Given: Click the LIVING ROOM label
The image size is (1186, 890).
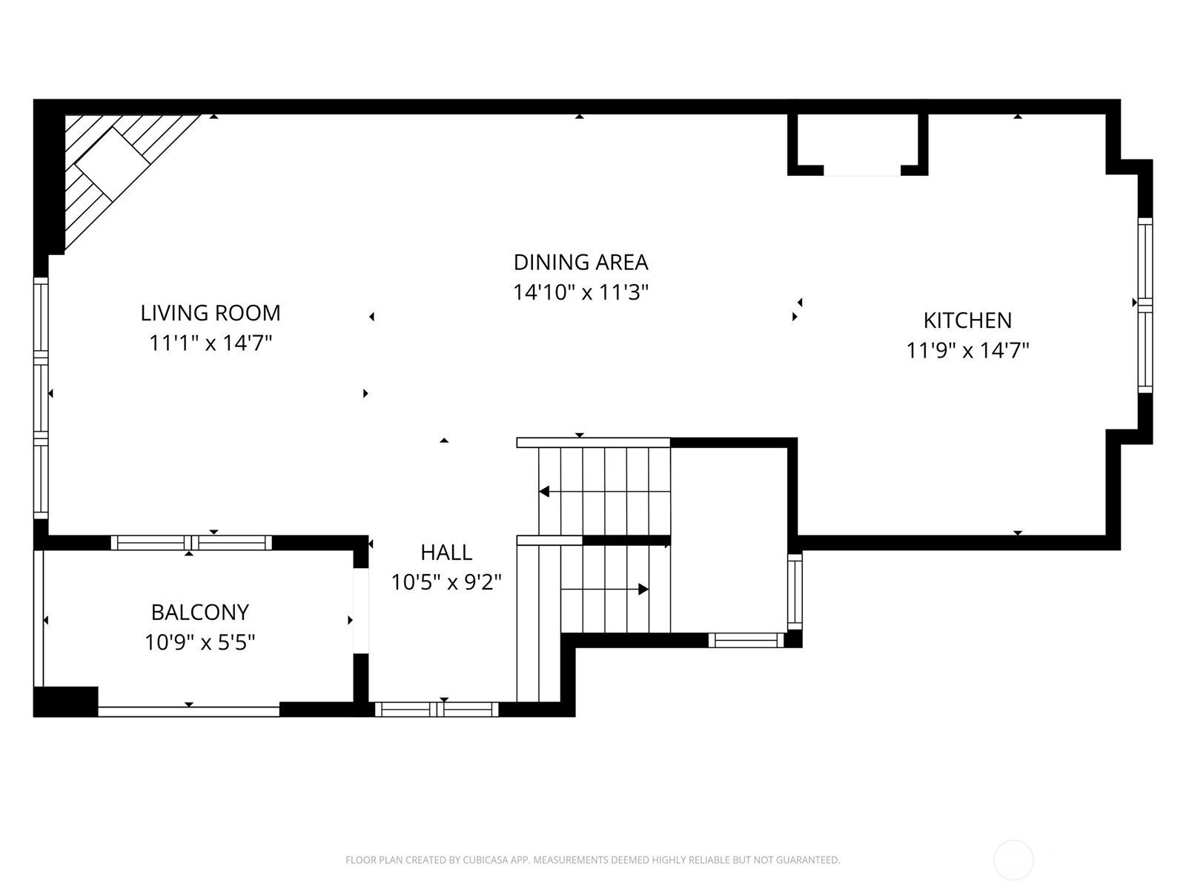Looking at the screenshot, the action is tap(211, 313).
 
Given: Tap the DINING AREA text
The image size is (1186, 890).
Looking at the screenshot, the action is tap(580, 262).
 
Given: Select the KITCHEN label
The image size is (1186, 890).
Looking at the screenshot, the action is tap(967, 320).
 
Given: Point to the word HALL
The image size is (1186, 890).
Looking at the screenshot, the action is tap(446, 553).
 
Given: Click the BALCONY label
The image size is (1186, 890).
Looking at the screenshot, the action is tap(200, 613).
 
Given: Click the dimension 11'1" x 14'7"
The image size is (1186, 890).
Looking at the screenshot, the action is tap(211, 343).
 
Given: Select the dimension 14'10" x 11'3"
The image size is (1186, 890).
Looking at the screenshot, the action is tap(580, 292).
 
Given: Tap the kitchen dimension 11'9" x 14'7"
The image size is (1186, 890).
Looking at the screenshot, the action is tap(967, 351).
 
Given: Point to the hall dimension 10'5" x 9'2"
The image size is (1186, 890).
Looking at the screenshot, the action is tap(446, 582).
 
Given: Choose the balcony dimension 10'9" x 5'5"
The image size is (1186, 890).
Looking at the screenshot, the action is tap(200, 642).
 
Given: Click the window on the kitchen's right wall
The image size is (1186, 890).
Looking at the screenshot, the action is tap(1145, 305).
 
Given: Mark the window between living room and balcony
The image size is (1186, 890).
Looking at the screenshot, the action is tap(191, 543).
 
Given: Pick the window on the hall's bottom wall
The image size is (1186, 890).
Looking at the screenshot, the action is tap(437, 709).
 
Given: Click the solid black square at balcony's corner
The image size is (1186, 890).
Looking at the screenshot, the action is tap(65, 702).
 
